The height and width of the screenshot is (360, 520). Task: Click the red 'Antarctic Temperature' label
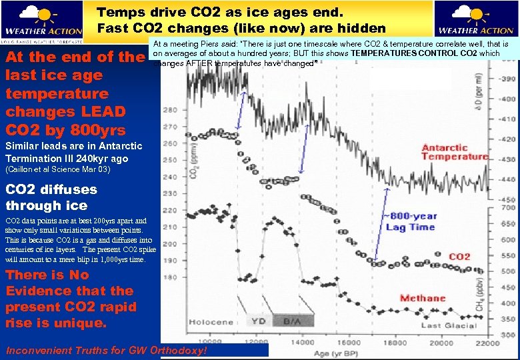click(x=455, y=152)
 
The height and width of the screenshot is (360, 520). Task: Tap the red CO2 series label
click(x=459, y=257)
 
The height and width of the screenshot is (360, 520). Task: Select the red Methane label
click(x=423, y=298)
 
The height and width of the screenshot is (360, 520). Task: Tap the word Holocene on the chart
click(x=211, y=322)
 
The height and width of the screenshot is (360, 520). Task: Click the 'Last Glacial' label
click(x=449, y=325)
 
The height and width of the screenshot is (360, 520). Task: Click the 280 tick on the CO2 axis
click(x=170, y=109)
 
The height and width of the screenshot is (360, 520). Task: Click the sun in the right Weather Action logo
click(x=475, y=13)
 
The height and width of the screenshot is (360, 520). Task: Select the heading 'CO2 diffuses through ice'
click(x=51, y=197)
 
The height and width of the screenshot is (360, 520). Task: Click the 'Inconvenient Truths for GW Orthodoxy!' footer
click(x=107, y=350)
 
